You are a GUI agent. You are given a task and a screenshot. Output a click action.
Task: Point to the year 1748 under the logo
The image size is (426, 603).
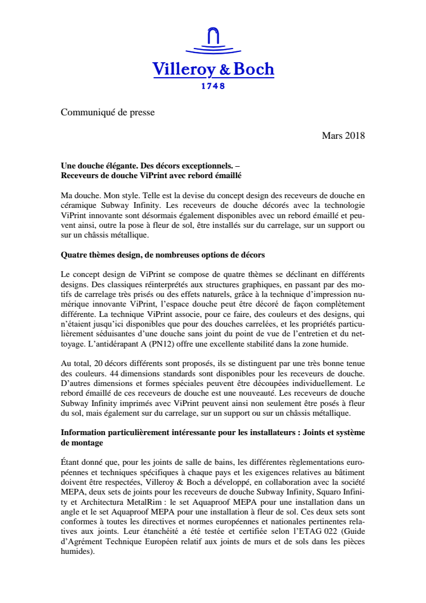pyautogui.click(x=213, y=86)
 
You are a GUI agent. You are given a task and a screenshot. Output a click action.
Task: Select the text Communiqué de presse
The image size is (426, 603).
pyautogui.click(x=108, y=112)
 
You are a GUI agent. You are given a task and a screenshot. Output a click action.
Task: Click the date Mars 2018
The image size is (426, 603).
pyautogui.click(x=343, y=136)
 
